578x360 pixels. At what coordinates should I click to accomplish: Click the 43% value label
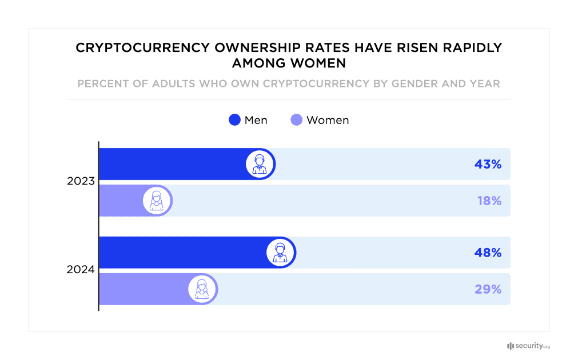(x=487, y=165)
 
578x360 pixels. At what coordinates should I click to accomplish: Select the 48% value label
(x=487, y=253)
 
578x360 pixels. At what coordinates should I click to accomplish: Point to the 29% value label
(x=488, y=289)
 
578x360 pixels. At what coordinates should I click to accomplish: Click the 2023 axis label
(x=81, y=182)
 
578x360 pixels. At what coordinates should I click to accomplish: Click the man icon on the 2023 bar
(x=260, y=165)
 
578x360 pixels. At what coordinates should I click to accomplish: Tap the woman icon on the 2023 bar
(x=157, y=201)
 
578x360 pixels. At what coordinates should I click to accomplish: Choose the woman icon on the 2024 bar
(x=202, y=289)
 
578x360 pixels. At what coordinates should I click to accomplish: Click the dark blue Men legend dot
(x=234, y=120)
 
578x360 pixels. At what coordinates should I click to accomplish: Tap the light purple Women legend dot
(x=297, y=120)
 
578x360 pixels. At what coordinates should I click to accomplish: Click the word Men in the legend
(x=256, y=120)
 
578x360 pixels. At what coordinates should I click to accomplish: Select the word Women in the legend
(x=328, y=120)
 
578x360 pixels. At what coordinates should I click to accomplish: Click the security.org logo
(x=528, y=346)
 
